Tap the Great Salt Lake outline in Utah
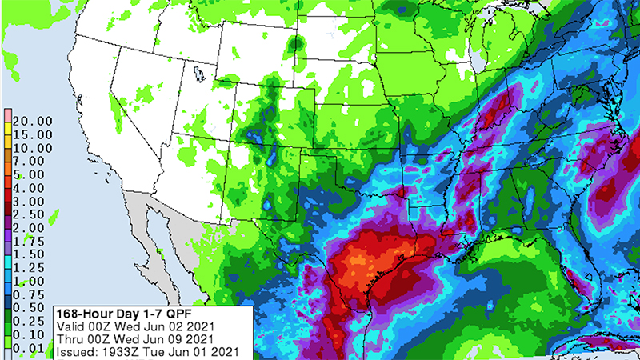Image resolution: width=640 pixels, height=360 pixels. coord(199,74)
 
